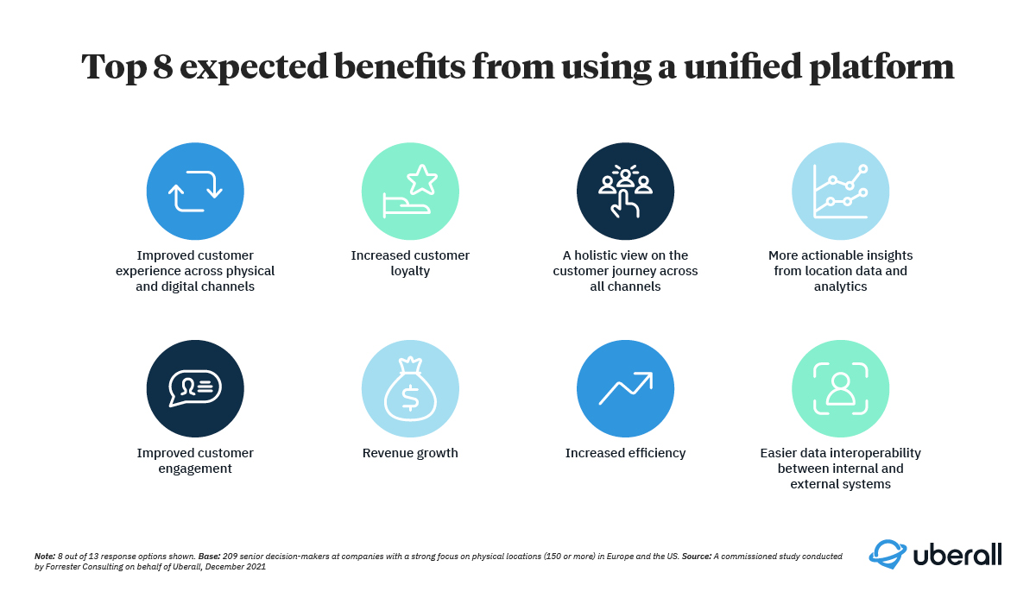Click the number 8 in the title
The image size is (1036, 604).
click(x=162, y=66)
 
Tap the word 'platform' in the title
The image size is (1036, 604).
click(x=881, y=68)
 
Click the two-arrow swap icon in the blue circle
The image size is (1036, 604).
click(x=195, y=192)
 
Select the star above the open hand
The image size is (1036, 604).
click(x=422, y=179)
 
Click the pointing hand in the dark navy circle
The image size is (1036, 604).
click(x=625, y=204)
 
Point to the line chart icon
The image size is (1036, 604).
click(x=840, y=192)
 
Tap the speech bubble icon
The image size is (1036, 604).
click(x=195, y=388)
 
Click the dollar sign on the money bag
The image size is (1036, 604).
click(x=410, y=399)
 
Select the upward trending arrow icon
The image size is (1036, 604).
click(x=626, y=388)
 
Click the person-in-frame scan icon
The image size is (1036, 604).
click(x=840, y=388)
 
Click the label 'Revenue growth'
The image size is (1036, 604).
click(x=410, y=453)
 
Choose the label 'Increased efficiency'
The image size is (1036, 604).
click(x=625, y=453)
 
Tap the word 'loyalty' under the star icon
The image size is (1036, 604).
click(x=410, y=271)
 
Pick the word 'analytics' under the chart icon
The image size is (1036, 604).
click(x=840, y=287)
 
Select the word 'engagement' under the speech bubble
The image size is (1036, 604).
click(x=195, y=469)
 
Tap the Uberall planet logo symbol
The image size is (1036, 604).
click(x=888, y=554)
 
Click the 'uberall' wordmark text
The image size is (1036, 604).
click(x=957, y=555)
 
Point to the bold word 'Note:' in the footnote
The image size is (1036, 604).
click(x=45, y=557)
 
